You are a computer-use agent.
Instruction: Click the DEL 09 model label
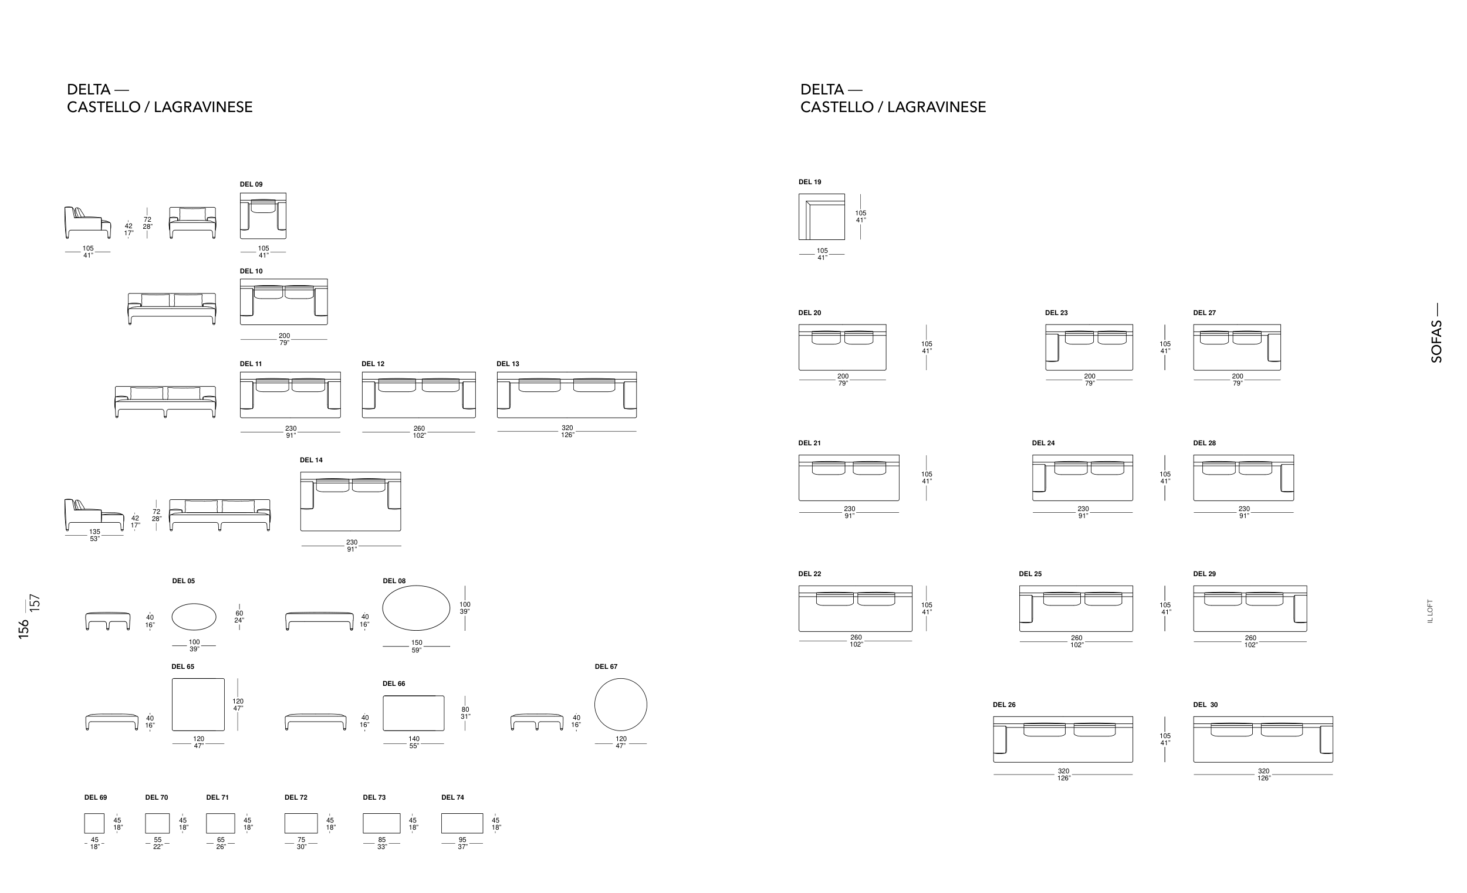click(x=251, y=185)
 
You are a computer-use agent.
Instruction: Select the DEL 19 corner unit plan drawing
click(x=822, y=217)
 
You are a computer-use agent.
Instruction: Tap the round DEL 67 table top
click(x=620, y=705)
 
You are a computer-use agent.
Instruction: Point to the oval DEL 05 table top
click(x=194, y=616)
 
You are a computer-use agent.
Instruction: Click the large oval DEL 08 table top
click(x=416, y=608)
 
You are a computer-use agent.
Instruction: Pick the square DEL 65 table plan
click(x=198, y=704)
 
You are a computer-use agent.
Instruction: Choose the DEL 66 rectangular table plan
click(x=413, y=713)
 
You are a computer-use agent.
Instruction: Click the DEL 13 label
click(x=508, y=364)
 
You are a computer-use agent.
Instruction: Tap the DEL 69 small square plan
click(x=94, y=823)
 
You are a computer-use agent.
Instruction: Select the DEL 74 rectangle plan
click(x=462, y=823)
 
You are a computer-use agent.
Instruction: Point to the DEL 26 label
click(x=1005, y=705)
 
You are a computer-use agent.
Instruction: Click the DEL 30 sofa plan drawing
click(x=1263, y=739)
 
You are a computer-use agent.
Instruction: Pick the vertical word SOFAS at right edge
click(x=1436, y=341)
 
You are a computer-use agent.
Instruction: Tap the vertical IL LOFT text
click(x=1430, y=611)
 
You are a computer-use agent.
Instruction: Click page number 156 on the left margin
click(x=24, y=630)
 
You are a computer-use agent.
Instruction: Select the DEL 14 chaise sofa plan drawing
click(x=351, y=501)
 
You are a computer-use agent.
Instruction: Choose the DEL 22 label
click(x=810, y=574)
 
